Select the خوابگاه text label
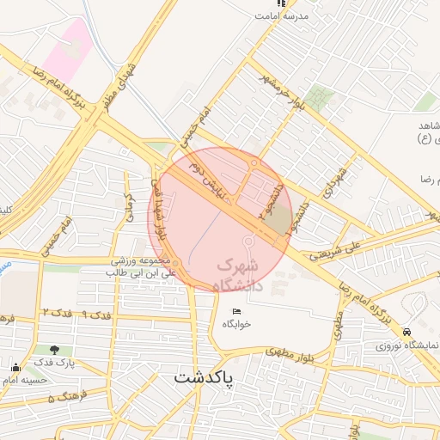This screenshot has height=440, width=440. (x=236, y=324)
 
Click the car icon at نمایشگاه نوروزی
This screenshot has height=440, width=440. (x=406, y=333)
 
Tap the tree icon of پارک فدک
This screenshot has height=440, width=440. (x=56, y=350)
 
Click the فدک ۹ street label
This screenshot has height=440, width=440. (x=98, y=313)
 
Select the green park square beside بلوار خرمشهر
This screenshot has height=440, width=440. (x=321, y=97)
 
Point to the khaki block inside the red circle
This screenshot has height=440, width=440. (x=277, y=222)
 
